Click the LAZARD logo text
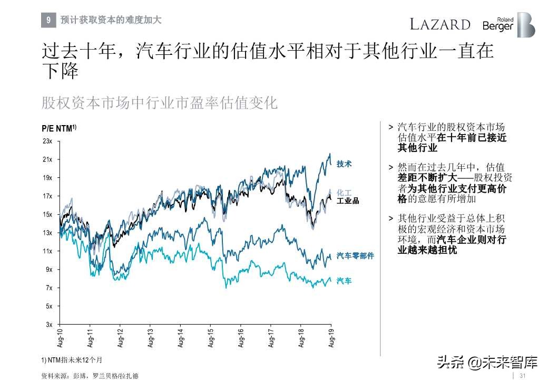[440, 24]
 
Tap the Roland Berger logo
[508, 25]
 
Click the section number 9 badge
[48, 21]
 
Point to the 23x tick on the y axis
[47, 141]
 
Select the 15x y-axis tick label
[47, 214]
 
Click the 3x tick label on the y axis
[49, 324]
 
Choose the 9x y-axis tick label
[49, 269]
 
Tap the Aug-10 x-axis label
[60, 337]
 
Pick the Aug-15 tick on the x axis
[210, 337]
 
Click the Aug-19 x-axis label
[331, 337]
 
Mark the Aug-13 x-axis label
[150, 337]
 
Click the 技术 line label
[344, 164]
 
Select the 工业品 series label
[348, 201]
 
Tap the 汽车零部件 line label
[355, 256]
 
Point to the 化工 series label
[344, 193]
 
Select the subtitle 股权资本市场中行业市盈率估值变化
[159, 102]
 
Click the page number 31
[523, 375]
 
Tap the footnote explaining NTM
[71, 359]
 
